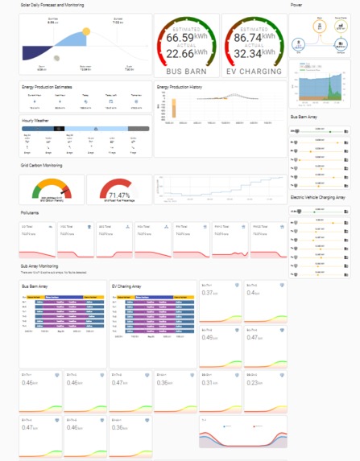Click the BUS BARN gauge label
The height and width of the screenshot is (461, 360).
point(185,71)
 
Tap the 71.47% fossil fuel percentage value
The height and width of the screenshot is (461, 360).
point(118,196)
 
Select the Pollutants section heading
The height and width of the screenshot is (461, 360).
point(30,212)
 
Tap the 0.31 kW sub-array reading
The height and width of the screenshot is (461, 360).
point(209,383)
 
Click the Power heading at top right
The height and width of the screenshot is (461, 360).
point(296,5)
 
